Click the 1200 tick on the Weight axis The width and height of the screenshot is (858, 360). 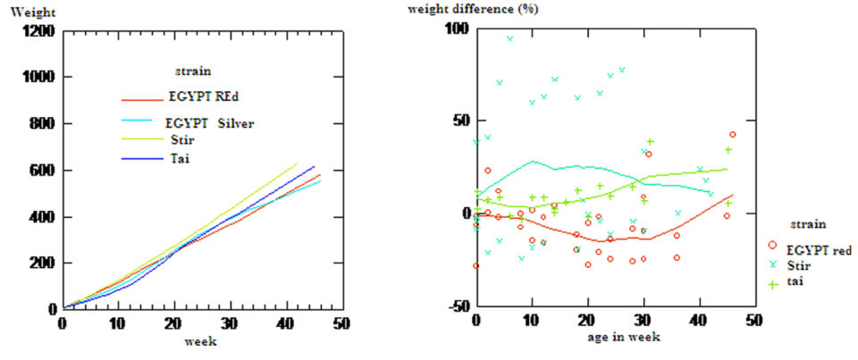tap(39, 31)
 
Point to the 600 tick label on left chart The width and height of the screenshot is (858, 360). tap(43, 171)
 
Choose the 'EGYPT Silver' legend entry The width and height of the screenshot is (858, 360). tap(210, 122)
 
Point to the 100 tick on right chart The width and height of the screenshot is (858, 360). tap(457, 28)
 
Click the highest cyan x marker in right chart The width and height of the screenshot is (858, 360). tap(510, 38)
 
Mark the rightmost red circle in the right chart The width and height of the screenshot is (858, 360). tap(733, 135)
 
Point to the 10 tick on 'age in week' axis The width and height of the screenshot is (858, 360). tap(532, 320)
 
